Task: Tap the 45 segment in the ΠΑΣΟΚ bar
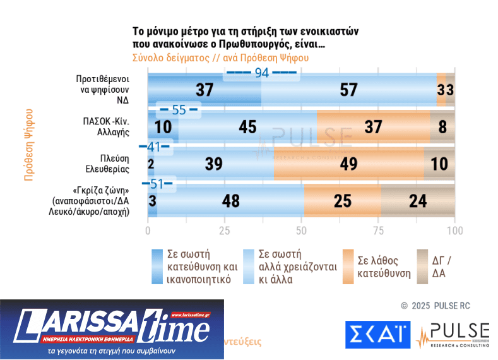pos(247,126)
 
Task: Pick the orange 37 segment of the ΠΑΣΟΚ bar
pos(373,126)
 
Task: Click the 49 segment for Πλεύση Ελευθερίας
pos(348,164)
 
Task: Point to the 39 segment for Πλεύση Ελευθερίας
pos(213,164)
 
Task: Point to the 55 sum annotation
pos(179,110)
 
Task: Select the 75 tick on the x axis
pos(378,230)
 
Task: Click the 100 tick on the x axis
pos(454,230)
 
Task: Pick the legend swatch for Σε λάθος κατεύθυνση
pos(348,267)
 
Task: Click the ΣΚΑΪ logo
pos(377,335)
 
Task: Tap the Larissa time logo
pos(112,329)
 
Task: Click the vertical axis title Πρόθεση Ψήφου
pos(28,145)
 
